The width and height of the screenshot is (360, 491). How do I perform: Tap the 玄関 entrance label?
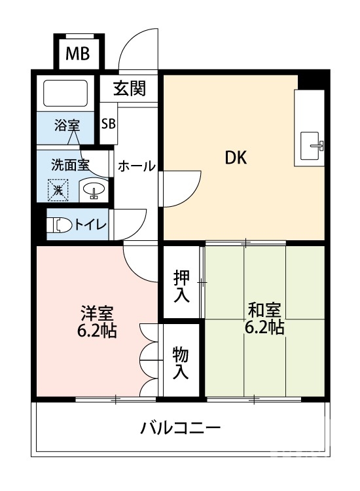128,89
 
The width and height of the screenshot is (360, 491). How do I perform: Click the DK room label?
236,158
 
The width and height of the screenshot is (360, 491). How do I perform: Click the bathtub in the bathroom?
65,94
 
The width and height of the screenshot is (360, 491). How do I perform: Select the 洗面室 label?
70,164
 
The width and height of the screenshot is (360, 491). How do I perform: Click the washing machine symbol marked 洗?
58,191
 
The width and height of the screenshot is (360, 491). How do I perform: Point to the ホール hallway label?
136,166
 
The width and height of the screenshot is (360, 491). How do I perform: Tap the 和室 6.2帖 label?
264,318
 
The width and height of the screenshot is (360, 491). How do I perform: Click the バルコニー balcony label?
180,429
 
